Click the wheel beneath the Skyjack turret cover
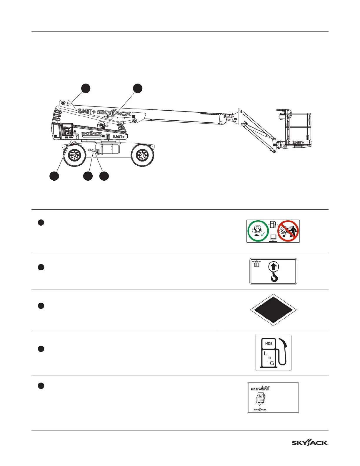74,155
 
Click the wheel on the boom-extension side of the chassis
142,155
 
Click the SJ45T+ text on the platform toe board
298,142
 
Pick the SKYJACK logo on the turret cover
92,134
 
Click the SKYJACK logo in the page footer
310,443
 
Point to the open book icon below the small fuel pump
273,236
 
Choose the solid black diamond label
273,310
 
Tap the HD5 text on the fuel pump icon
268,343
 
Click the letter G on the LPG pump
272,363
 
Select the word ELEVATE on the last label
260,389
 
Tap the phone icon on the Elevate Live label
261,398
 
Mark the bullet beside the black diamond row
41,306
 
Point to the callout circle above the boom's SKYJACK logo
137,88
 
